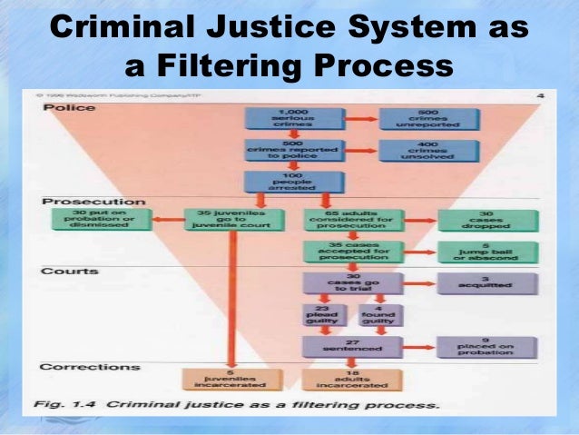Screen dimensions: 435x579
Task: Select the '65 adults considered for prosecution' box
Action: (x=340, y=220)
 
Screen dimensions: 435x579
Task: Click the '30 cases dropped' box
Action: (x=486, y=220)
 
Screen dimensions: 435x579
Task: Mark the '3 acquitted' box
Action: (x=486, y=282)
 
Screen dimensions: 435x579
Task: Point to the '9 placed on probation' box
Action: (x=486, y=346)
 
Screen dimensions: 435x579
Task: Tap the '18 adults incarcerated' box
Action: (x=340, y=380)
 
